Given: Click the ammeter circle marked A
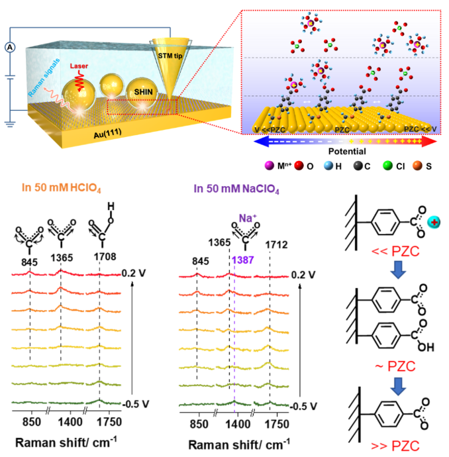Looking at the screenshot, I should coord(10,46).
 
